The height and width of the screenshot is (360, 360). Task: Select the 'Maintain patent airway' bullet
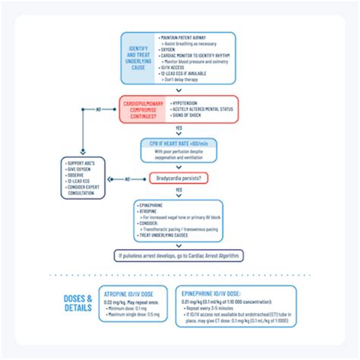tap(186, 37)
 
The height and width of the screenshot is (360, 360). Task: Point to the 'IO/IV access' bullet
tap(176, 67)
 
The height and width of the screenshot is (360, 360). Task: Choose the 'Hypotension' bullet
tap(187, 102)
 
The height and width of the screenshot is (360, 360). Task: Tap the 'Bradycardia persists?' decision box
tap(179, 178)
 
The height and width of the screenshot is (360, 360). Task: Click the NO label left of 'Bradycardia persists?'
tap(128, 178)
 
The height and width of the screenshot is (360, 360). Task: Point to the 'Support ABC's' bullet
tap(82, 164)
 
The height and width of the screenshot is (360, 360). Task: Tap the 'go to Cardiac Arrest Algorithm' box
tap(179, 256)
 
